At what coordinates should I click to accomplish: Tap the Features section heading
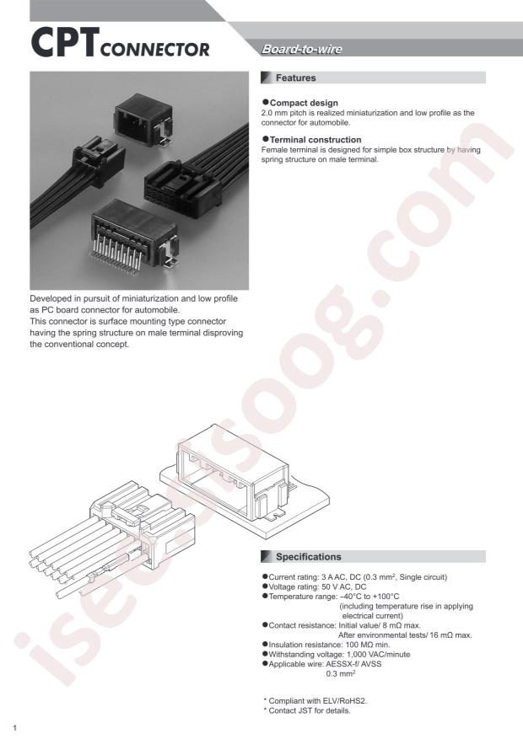[295, 78]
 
